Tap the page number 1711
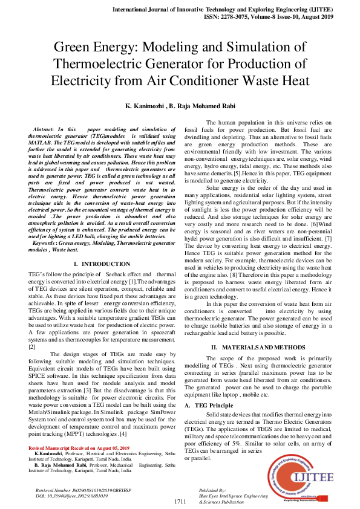pyautogui.click(x=180, y=502)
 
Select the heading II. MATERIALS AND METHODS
pyautogui.click(x=258, y=348)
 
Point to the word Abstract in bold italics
pyautogui.click(x=44, y=130)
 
